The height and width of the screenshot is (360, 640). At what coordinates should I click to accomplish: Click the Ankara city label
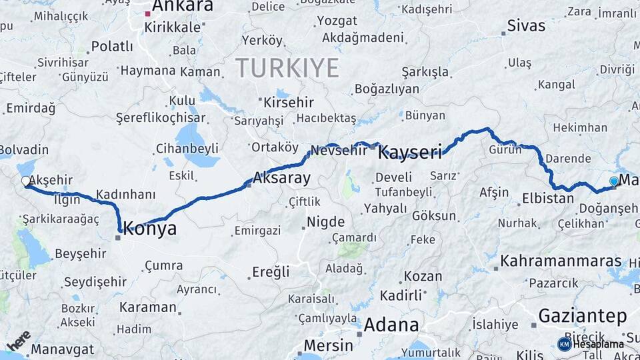tap(183, 7)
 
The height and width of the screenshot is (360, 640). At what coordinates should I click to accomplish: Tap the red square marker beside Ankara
tap(148, 13)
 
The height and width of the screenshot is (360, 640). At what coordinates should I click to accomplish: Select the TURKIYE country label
tap(287, 67)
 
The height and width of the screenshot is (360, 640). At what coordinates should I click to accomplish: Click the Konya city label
tap(151, 229)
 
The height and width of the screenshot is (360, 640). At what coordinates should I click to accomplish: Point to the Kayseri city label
tap(410, 153)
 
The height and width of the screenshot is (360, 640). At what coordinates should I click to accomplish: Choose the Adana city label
tap(392, 325)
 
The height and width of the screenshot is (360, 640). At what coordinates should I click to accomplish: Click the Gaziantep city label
tap(583, 315)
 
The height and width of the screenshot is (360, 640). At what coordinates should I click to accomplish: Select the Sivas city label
tap(526, 26)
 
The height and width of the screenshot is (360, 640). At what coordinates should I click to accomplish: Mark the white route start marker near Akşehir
tap(26, 181)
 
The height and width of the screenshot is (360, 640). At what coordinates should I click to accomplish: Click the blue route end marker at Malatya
tap(614, 181)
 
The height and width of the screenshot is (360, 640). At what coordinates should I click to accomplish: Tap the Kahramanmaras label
tap(561, 260)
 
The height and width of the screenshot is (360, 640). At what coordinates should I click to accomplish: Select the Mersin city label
tap(328, 345)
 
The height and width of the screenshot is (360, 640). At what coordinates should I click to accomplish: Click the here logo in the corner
tap(18, 340)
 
